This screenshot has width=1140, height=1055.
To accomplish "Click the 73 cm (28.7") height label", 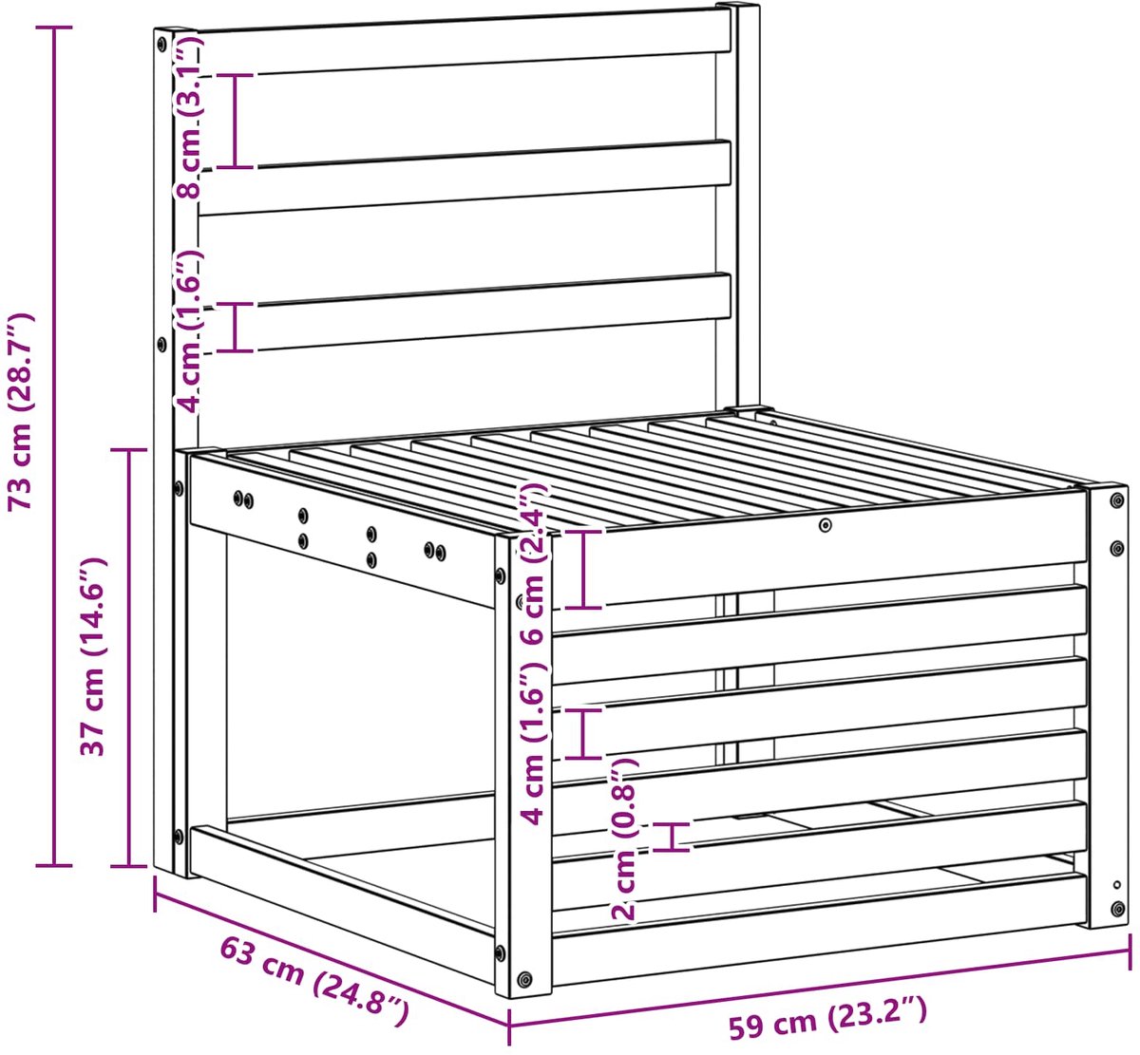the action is (x=21, y=411).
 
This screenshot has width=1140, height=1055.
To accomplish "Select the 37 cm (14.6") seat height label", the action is (x=93, y=657).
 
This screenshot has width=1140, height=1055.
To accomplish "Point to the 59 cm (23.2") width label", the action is (x=827, y=1018).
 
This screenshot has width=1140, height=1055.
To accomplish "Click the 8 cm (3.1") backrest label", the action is (x=188, y=117).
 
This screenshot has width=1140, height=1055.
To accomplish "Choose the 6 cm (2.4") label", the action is (x=534, y=563).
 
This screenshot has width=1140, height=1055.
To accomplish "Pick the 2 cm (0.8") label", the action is (x=624, y=838).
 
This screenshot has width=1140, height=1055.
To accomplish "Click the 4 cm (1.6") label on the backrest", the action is (x=188, y=331).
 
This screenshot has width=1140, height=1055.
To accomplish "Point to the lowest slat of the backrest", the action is (x=464, y=312).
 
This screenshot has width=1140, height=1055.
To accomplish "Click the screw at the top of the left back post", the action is (x=161, y=45).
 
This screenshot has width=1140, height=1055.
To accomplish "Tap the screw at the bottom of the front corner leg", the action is (x=524, y=979).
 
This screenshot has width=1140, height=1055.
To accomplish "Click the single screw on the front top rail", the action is (x=825, y=524).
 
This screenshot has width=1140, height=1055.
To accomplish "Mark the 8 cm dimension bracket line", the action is (x=235, y=122).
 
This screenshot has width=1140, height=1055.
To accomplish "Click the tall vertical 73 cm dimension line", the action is (x=54, y=446).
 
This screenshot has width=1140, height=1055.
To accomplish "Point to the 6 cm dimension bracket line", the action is (x=583, y=569).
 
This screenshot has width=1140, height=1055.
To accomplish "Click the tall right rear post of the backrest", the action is (x=746, y=207).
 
